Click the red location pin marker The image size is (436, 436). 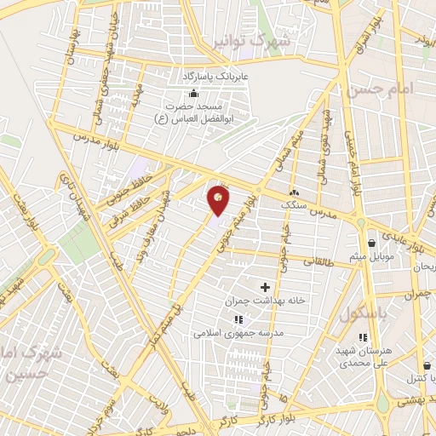pos(219,200)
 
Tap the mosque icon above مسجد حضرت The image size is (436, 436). pos(194,93)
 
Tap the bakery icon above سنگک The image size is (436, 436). pos(295,192)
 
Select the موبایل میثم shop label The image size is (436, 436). pos(372,257)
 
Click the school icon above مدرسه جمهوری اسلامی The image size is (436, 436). pos(238,320)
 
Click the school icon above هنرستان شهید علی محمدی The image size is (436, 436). pos(347,337)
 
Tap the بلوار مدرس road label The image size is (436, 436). pos(93,136)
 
